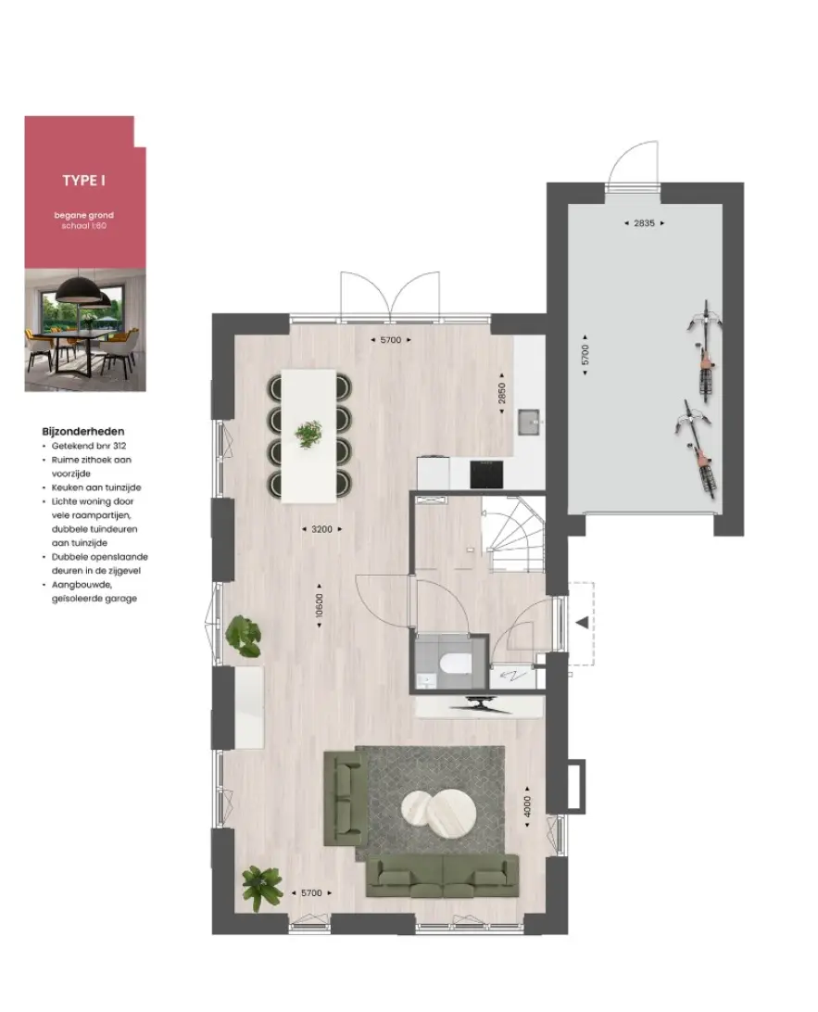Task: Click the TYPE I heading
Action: click(84, 180)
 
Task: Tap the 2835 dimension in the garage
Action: click(644, 223)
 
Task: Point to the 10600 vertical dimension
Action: click(320, 605)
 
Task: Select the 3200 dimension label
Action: click(321, 529)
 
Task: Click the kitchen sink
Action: click(530, 423)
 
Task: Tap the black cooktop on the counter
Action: click(486, 474)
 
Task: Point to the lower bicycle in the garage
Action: click(697, 448)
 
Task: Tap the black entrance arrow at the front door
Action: click(583, 623)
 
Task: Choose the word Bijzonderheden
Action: click(83, 432)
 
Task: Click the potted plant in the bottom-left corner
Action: click(262, 889)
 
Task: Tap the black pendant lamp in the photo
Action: click(82, 292)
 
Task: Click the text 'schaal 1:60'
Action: click(84, 226)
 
